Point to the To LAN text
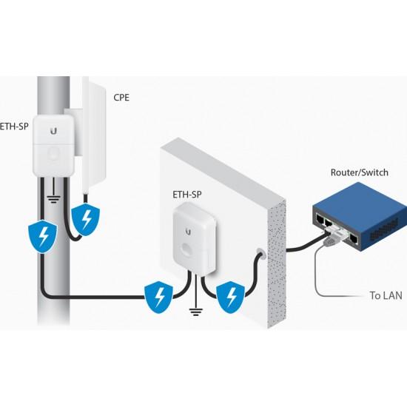(x=386, y=296)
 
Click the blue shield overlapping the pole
(x=36, y=238)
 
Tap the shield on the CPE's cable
(x=86, y=218)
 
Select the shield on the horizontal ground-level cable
(x=159, y=297)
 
